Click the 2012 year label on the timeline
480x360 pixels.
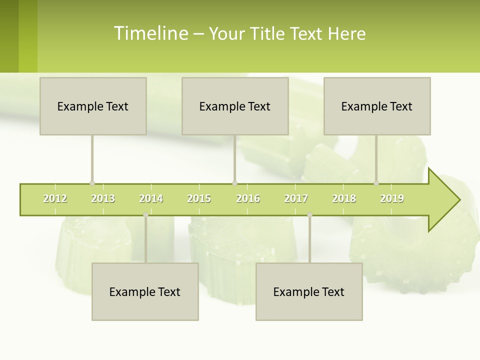55,198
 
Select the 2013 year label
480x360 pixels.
103,198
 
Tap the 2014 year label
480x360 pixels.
151,198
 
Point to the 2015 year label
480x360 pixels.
199,198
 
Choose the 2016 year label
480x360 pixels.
248,198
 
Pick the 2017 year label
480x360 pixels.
296,198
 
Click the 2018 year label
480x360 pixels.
344,198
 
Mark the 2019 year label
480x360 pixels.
392,198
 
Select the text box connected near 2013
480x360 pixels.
93,106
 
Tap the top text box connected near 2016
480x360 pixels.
235,106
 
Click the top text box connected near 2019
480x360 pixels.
377,106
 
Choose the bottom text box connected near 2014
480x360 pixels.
145,291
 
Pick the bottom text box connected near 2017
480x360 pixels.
309,291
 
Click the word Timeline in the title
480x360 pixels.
150,33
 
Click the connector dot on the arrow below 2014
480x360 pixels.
145,215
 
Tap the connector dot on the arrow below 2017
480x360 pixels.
309,215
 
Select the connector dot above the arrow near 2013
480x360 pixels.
92,183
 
